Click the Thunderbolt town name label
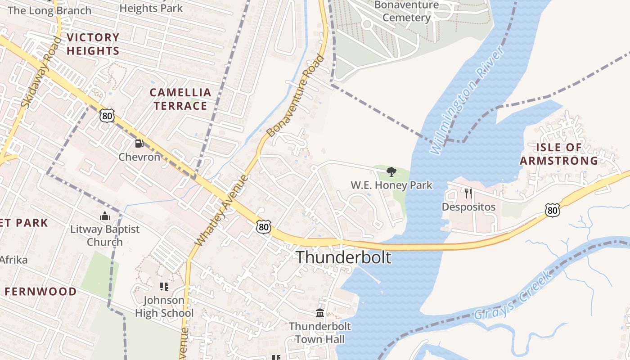[x=343, y=257]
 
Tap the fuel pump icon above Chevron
[x=139, y=144]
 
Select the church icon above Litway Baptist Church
[x=105, y=216]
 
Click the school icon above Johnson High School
[x=164, y=286]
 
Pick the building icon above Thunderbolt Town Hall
[x=320, y=313]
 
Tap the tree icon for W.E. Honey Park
[x=391, y=171]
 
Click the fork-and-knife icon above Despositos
[x=468, y=193]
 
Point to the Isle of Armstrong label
[x=559, y=154]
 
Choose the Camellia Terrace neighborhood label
[x=180, y=99]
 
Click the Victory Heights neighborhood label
[x=93, y=44]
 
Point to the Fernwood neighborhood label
[x=40, y=292]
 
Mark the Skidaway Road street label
[x=41, y=72]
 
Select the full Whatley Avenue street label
[x=221, y=210]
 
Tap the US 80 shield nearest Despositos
[x=552, y=210]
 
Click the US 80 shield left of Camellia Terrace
[x=107, y=116]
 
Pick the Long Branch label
[x=49, y=10]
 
